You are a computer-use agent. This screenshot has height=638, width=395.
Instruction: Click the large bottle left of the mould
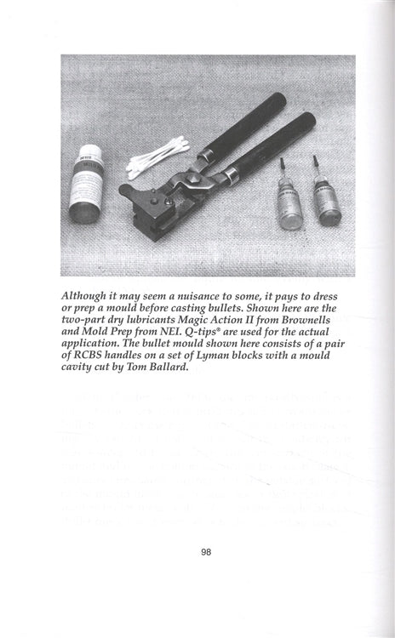84,185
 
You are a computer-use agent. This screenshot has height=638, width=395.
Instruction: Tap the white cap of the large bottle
86,155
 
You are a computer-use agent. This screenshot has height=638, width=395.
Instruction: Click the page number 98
205,551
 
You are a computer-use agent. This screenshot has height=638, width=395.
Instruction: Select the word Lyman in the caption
216,361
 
